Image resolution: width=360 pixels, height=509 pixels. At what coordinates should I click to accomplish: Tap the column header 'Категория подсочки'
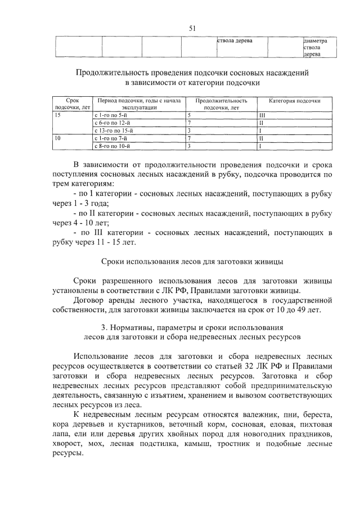[294, 101]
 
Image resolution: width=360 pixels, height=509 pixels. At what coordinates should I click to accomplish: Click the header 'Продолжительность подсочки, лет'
[221, 103]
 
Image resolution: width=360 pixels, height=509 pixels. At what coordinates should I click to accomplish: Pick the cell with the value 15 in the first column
[57, 114]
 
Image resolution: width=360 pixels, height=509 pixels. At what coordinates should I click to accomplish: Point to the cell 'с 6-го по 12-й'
[112, 122]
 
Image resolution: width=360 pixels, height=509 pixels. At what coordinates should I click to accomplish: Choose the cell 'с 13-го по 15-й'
[114, 130]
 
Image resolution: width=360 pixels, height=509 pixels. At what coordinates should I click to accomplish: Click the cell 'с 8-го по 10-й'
[112, 146]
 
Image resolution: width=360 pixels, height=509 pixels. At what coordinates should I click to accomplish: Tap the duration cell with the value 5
[190, 114]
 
